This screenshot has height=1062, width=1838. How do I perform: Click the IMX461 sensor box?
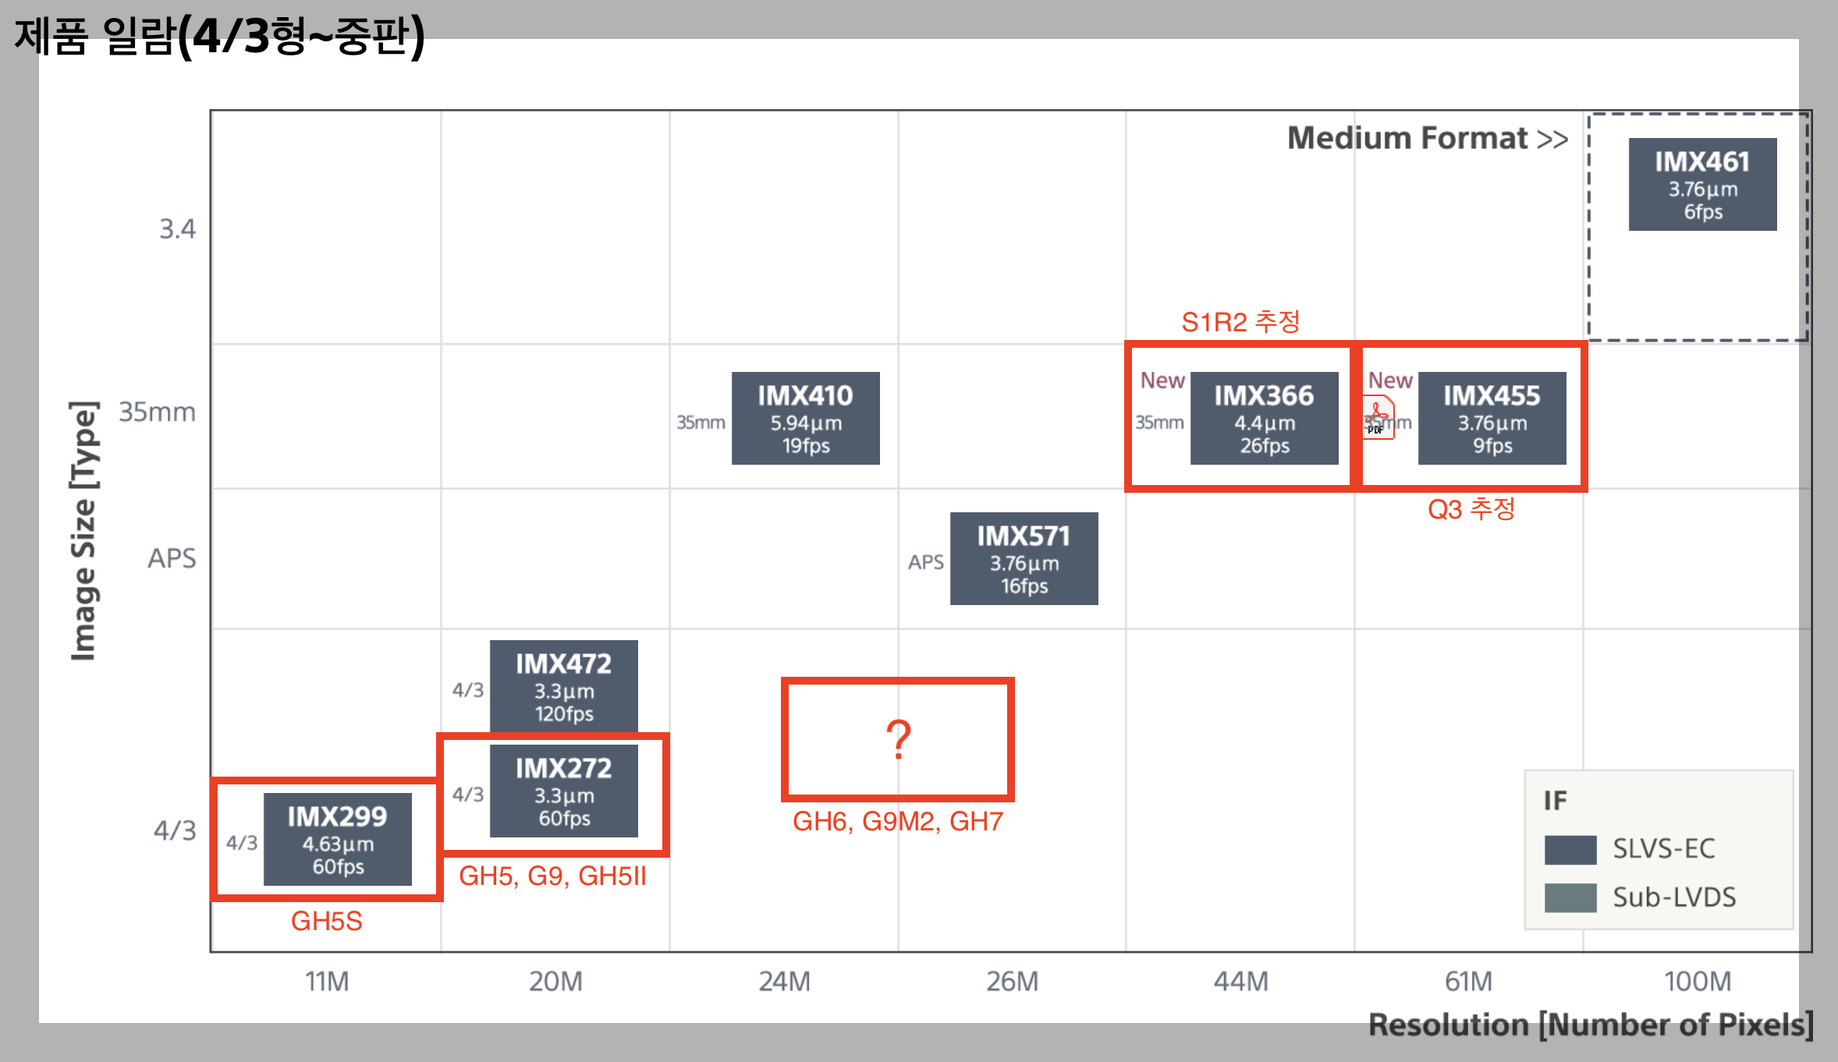tap(1702, 185)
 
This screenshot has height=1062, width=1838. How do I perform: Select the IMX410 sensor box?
tap(805, 419)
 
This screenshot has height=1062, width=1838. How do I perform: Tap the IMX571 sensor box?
tap(1024, 559)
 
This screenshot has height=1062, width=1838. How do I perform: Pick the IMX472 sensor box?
tap(563, 686)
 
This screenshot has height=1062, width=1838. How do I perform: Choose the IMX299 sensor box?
tap(337, 840)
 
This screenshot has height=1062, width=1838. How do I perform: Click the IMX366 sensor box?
tap(1264, 419)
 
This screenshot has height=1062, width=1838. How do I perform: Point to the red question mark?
tap(899, 739)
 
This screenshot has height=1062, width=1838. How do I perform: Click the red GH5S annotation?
tap(326, 922)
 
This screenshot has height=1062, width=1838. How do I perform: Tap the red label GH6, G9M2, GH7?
tap(897, 822)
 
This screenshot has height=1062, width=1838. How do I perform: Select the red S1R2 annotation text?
tap(1240, 321)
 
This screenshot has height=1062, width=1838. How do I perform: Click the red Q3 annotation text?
tap(1471, 509)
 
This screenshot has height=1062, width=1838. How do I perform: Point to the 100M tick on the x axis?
tap(1698, 982)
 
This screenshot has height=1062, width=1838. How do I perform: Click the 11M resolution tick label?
tap(327, 982)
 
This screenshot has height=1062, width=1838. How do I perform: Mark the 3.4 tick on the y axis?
tap(177, 229)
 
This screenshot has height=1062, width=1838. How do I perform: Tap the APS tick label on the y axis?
tap(172, 558)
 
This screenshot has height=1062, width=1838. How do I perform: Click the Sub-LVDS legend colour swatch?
tap(1570, 897)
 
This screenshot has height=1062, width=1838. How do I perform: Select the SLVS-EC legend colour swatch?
tap(1570, 849)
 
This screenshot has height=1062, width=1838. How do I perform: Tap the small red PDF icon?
tap(1378, 417)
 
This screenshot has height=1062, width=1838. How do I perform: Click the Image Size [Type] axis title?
tap(83, 530)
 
